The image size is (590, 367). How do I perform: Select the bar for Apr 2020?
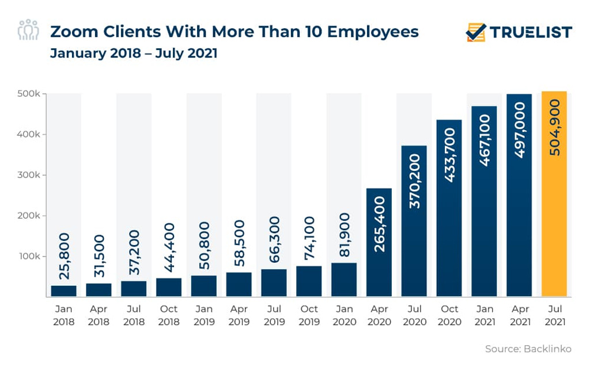click(x=379, y=242)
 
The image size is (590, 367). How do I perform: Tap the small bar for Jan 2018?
click(x=64, y=290)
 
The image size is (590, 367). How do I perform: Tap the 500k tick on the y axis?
click(x=27, y=94)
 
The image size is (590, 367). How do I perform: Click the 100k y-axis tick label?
click(x=27, y=256)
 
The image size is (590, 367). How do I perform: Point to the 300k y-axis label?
click(x=27, y=175)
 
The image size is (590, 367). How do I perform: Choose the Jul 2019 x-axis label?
click(x=274, y=316)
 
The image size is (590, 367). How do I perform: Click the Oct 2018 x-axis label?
click(x=169, y=316)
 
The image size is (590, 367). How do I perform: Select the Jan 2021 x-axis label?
click(x=484, y=316)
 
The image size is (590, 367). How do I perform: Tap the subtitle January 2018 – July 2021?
click(x=134, y=53)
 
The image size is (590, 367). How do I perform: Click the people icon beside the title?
click(x=28, y=30)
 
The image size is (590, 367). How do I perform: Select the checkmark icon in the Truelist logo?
click(x=476, y=32)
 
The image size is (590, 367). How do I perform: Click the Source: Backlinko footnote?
click(x=528, y=349)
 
